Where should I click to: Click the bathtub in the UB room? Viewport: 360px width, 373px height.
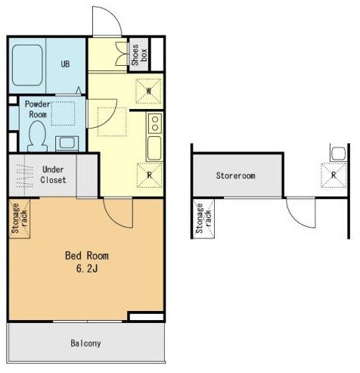[27, 65]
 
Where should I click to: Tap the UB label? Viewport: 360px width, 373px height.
[65, 64]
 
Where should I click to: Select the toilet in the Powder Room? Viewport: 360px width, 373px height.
[38, 136]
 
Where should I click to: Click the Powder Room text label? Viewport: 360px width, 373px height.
[38, 109]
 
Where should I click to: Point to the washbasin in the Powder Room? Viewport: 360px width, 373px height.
[67, 144]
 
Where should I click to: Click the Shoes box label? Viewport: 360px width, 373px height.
[138, 55]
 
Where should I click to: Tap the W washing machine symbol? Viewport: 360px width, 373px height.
[149, 92]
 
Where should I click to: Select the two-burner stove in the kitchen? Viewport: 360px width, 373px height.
[155, 123]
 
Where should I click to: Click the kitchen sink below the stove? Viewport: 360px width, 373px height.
[154, 148]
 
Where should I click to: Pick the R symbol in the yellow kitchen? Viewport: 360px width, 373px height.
[150, 175]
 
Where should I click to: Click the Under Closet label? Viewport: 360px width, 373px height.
[54, 175]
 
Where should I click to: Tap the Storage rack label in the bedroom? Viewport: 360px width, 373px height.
[20, 219]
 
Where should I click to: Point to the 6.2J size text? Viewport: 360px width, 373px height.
[87, 269]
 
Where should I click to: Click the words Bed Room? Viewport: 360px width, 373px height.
[87, 256]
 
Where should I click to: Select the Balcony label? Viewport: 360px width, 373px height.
[85, 343]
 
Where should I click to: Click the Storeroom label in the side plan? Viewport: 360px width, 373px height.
[235, 176]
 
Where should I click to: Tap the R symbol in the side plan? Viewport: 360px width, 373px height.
[334, 175]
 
